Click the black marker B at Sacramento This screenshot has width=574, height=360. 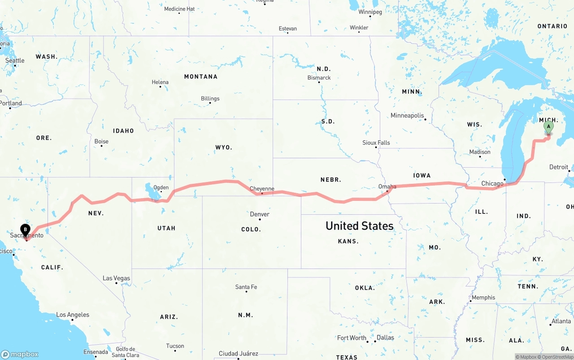26,230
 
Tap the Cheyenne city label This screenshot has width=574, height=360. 262,189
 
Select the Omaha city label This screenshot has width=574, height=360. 387,187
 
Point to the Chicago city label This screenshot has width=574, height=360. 492,183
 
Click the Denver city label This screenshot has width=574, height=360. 260,214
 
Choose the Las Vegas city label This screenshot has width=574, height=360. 116,278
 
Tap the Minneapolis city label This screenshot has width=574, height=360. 407,116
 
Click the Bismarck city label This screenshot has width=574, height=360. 319,78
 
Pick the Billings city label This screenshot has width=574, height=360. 210,99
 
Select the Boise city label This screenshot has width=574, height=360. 101,142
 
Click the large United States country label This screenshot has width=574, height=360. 359,226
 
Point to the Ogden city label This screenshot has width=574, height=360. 161,188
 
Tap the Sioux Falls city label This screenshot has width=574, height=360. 376,143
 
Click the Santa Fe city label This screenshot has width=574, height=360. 246,287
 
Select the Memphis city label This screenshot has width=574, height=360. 483,298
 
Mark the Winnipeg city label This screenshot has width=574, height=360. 370,12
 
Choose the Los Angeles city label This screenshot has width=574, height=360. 73,315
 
